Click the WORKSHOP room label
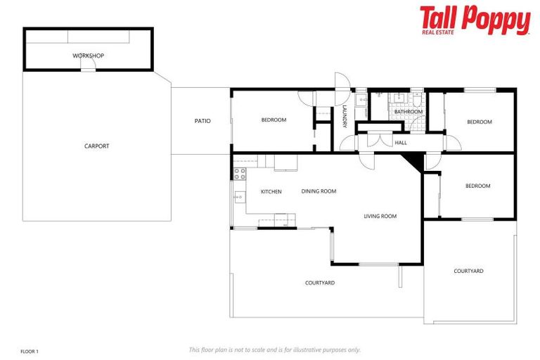point(89,55)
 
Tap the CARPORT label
point(97,146)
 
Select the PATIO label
point(202,121)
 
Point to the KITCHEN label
point(271,191)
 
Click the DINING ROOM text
point(319,191)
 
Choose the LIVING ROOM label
point(380,216)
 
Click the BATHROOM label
point(408,112)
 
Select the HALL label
point(401,143)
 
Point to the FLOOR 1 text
point(30,350)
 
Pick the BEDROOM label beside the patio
point(274,120)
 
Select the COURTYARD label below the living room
point(320,283)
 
